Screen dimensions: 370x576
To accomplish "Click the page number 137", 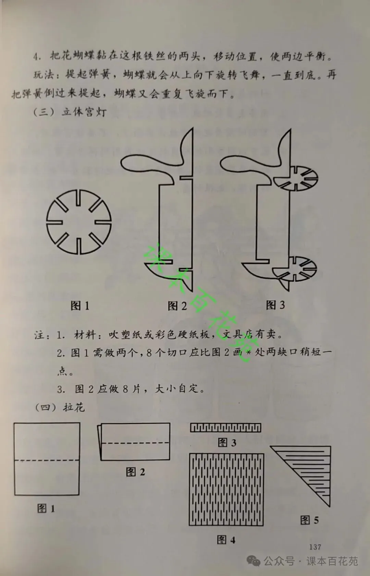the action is point(315,547).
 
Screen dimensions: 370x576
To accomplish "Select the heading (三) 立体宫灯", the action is point(70,112).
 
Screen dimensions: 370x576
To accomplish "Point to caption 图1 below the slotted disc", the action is point(80,306).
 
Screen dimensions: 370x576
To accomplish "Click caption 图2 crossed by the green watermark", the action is point(177,306).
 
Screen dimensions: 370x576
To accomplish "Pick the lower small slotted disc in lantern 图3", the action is point(295,269).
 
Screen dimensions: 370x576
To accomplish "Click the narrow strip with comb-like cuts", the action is point(225,428).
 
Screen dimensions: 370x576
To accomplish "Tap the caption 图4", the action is point(226,540).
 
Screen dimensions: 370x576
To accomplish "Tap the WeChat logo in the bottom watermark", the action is point(254,561).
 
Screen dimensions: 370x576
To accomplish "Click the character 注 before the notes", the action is point(39,335).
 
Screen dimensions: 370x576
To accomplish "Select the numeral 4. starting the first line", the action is point(37,56).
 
